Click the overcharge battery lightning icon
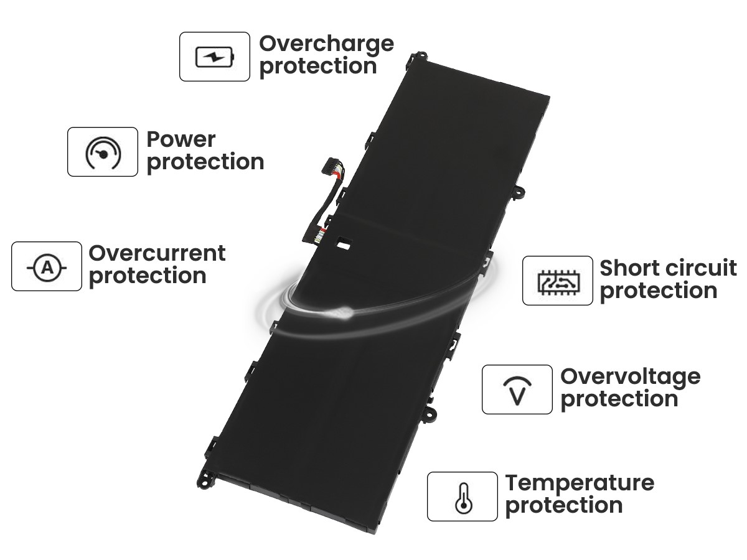[x=214, y=57]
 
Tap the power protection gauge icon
[x=103, y=153]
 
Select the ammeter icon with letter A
[x=47, y=268]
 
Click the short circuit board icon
[x=558, y=282]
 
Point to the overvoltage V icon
[x=517, y=391]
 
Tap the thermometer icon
[x=464, y=498]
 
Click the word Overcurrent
[x=157, y=253]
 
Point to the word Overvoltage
[x=631, y=378]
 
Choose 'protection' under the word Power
[x=205, y=163]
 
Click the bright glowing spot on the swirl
[x=341, y=312]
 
